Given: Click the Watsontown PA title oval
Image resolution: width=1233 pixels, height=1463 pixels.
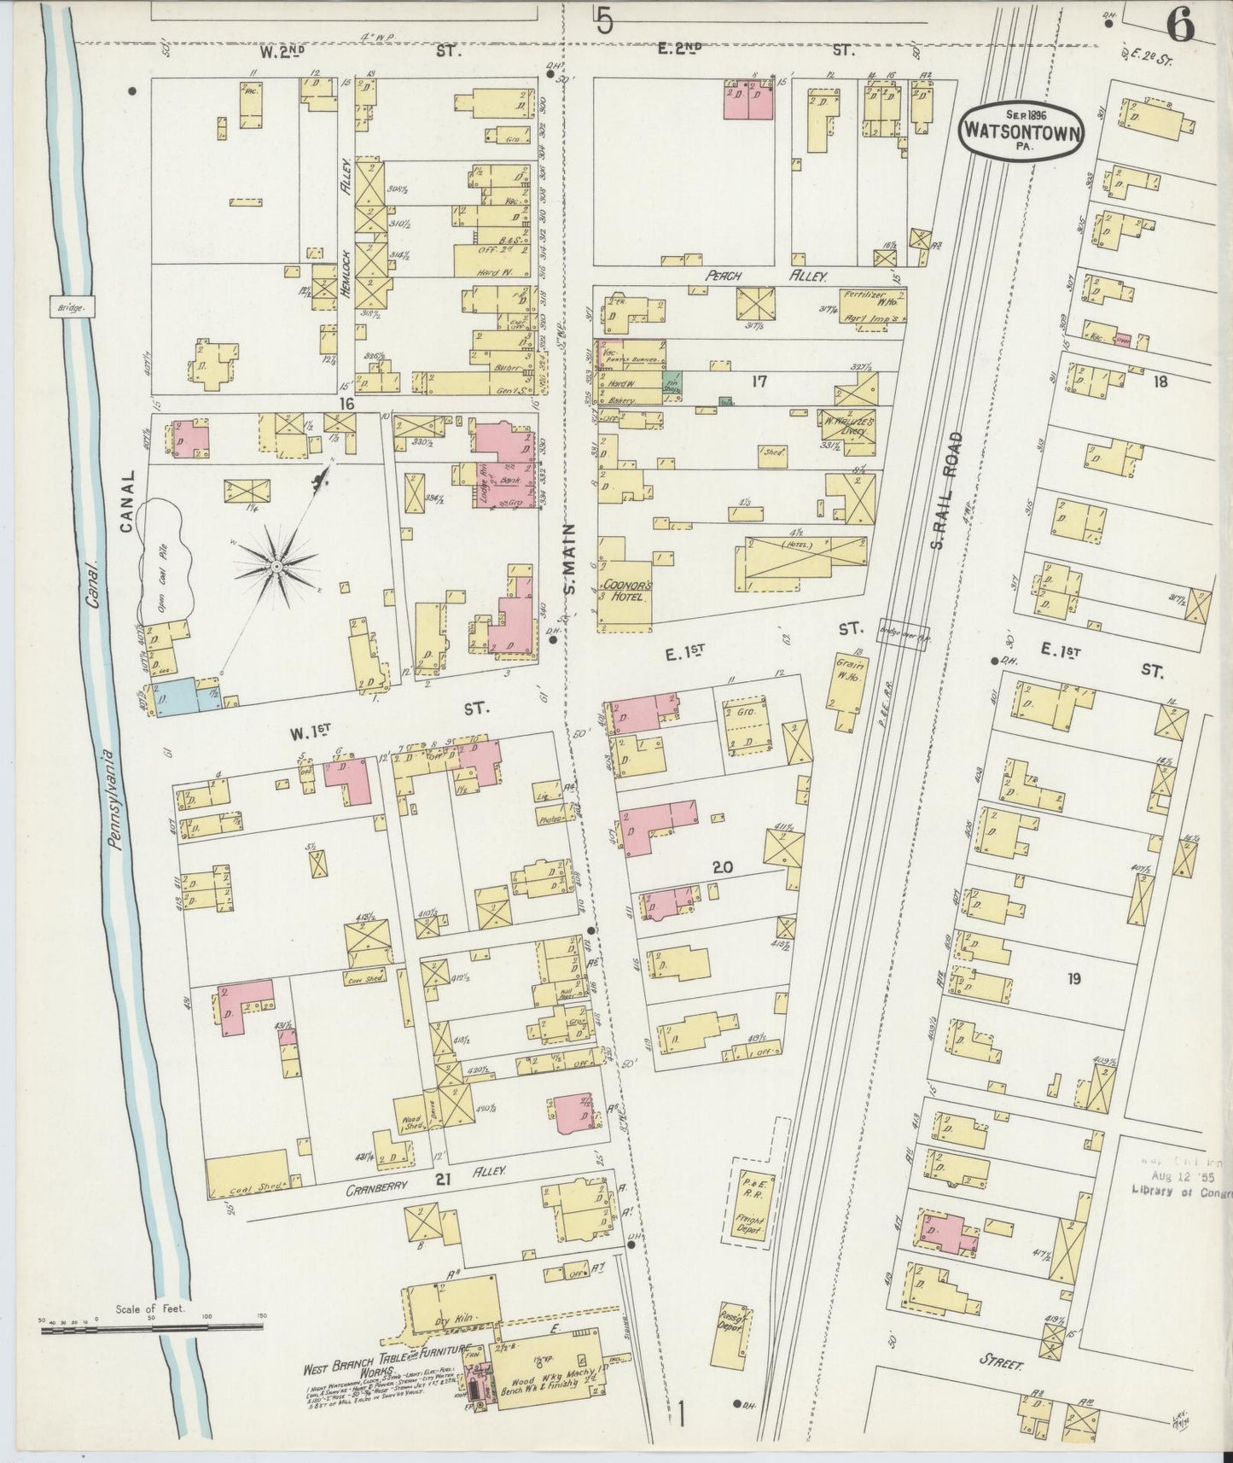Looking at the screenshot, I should [x=1024, y=131].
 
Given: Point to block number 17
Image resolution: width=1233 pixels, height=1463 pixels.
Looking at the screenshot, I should [x=759, y=382].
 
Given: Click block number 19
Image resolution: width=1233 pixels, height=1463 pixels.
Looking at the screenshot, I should [x=1073, y=979].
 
